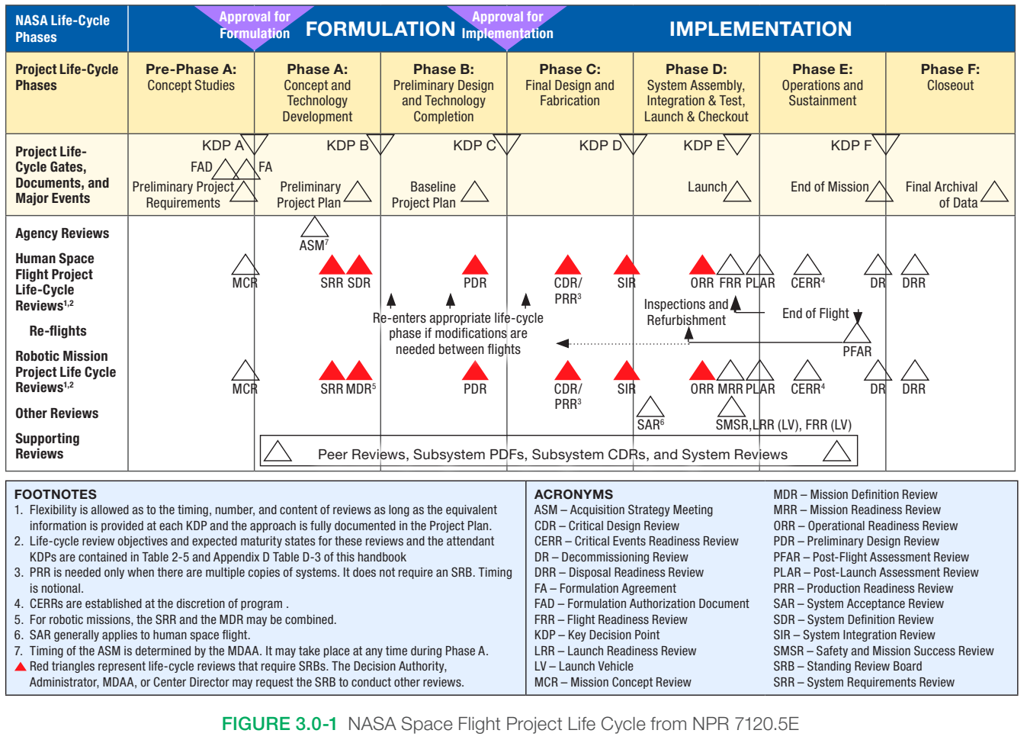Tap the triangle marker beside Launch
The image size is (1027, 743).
coord(737,191)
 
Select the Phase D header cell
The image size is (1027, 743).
coord(696,92)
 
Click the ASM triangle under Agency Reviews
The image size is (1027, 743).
coord(314,227)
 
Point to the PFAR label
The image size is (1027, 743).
coord(857,352)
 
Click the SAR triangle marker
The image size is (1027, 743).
coord(650,407)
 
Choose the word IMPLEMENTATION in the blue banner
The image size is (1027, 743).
coord(760,29)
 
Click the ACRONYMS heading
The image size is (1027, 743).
coord(573,494)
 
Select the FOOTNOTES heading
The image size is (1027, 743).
coord(56,494)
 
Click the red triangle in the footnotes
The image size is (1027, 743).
coord(21,667)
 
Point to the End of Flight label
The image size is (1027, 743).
coord(815,314)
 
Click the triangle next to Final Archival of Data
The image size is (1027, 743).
coord(994,192)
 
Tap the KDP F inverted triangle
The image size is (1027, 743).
coord(886,143)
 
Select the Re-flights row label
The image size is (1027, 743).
coord(58,331)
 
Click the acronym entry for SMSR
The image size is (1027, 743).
coord(883,651)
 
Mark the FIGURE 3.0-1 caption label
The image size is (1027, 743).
coord(279,724)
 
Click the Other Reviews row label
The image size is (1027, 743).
coord(57,413)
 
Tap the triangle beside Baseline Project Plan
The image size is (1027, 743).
coord(474,192)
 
